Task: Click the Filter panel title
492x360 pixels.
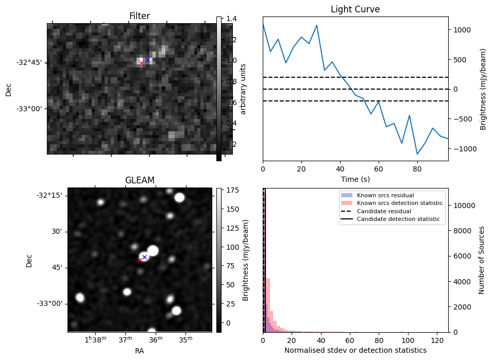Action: coord(139,16)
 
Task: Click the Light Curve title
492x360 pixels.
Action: coord(355,9)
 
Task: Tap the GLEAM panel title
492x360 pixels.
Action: coord(140,180)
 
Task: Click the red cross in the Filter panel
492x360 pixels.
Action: coord(141,63)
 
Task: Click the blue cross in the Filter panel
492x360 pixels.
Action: coord(147,60)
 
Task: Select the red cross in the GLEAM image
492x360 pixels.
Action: coord(140,260)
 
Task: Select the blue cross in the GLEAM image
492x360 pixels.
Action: coord(144,257)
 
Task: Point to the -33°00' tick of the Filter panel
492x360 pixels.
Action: coord(29,109)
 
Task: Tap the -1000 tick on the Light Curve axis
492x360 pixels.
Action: coord(461,149)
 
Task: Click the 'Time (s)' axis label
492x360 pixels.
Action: coord(355,179)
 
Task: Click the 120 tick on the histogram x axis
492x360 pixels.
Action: coord(437,340)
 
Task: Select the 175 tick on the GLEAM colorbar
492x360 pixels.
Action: coord(231,191)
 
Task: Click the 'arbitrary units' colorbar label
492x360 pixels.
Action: coord(243,89)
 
